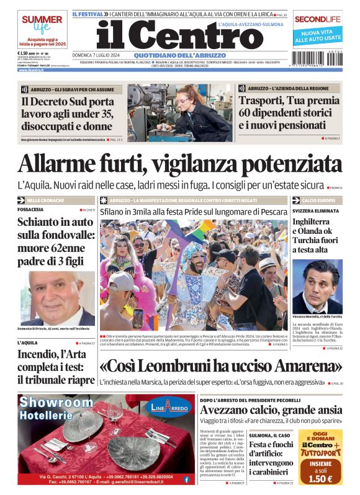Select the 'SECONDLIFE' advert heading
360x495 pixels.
click(x=318, y=19)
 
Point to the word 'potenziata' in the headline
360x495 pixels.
click(x=292, y=164)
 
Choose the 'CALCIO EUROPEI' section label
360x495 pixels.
click(x=318, y=201)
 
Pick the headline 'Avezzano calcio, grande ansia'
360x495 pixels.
click(x=271, y=410)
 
